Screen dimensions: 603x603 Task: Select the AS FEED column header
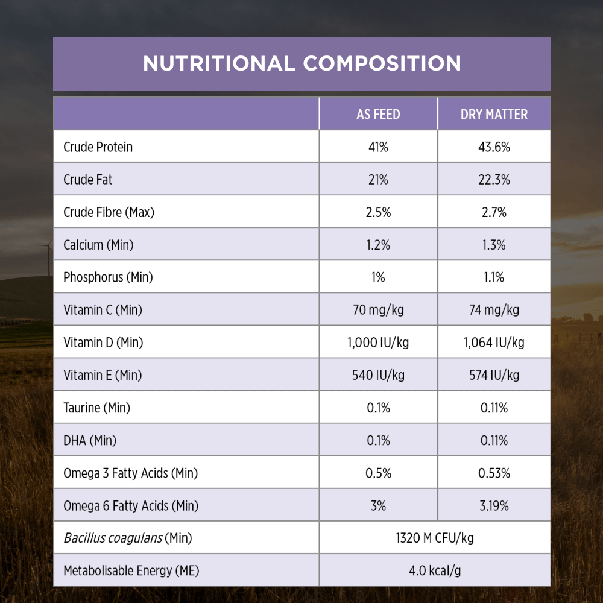pyautogui.click(x=378, y=114)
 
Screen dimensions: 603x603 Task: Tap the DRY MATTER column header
pyautogui.click(x=494, y=114)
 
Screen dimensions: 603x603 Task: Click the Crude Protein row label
pyautogui.click(x=98, y=147)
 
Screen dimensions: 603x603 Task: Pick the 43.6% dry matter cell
pyautogui.click(x=494, y=147)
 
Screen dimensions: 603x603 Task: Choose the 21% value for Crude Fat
pyautogui.click(x=378, y=179)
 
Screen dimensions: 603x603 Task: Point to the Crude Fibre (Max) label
pyautogui.click(x=109, y=212)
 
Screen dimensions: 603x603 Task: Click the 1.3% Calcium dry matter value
pyautogui.click(x=494, y=245)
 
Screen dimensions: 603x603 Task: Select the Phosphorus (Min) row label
pyautogui.click(x=108, y=277)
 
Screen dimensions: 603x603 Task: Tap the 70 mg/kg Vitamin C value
pyautogui.click(x=378, y=310)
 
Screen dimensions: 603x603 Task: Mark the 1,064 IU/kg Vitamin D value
pyautogui.click(x=494, y=343)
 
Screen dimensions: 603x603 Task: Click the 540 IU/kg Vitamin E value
pyautogui.click(x=378, y=375)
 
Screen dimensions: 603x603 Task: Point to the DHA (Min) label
pyautogui.click(x=90, y=441)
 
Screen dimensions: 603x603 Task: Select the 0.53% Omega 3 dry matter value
pyautogui.click(x=494, y=473)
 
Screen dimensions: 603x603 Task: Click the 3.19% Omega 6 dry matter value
pyautogui.click(x=494, y=506)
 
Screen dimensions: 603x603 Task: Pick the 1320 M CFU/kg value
pyautogui.click(x=435, y=538)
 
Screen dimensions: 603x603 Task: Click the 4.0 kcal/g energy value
pyautogui.click(x=435, y=570)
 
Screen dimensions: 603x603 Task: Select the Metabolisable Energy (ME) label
pyautogui.click(x=131, y=570)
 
